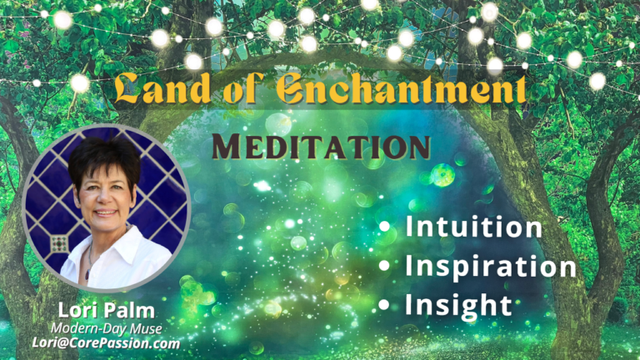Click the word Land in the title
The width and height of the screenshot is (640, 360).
(163, 87)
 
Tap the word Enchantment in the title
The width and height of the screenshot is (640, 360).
(401, 88)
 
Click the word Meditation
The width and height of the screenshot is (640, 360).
(321, 146)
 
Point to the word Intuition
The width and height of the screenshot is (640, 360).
(473, 227)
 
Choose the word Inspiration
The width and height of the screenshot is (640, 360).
(490, 267)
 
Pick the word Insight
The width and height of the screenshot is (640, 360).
(458, 305)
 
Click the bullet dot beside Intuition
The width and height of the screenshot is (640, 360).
(384, 227)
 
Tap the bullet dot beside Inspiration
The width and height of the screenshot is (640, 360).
(384, 266)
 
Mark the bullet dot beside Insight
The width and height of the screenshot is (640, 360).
(384, 304)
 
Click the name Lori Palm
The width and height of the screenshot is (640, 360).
(107, 310)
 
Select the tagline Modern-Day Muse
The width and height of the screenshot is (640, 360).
(107, 328)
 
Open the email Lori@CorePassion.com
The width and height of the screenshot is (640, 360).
(106, 342)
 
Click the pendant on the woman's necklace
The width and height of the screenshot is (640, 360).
(87, 274)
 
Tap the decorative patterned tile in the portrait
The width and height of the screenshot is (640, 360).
(59, 244)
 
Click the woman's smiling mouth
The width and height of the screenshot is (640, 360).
(106, 212)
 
